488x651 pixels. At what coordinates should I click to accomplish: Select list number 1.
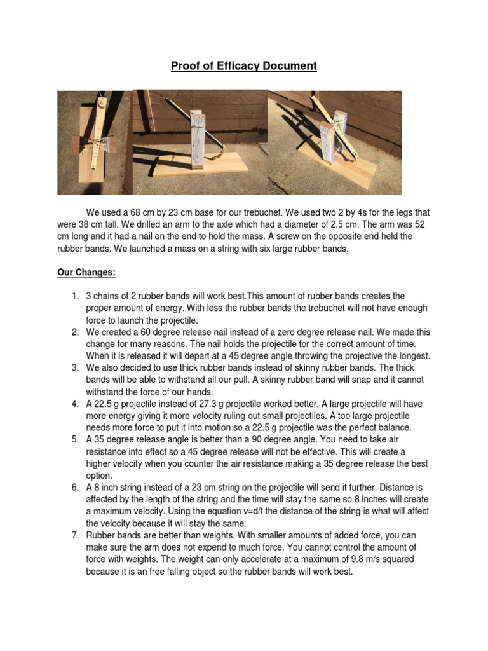[74, 296]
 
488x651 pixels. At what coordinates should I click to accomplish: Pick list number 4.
[74, 404]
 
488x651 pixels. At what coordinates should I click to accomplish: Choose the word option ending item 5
[98, 476]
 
